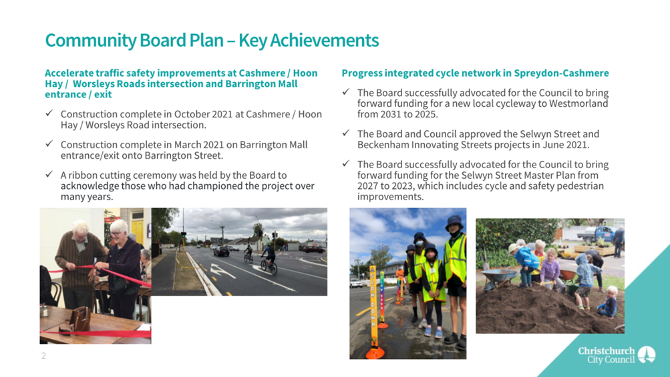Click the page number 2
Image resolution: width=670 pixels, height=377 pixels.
click(43, 356)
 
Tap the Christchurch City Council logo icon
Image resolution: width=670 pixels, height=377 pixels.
click(647, 354)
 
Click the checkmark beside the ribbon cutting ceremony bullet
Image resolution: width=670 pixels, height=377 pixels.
click(49, 174)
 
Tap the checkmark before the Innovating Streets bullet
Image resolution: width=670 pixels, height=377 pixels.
click(346, 133)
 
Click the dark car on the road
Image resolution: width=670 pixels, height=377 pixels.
click(221, 251)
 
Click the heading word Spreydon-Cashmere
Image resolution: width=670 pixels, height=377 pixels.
click(562, 73)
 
